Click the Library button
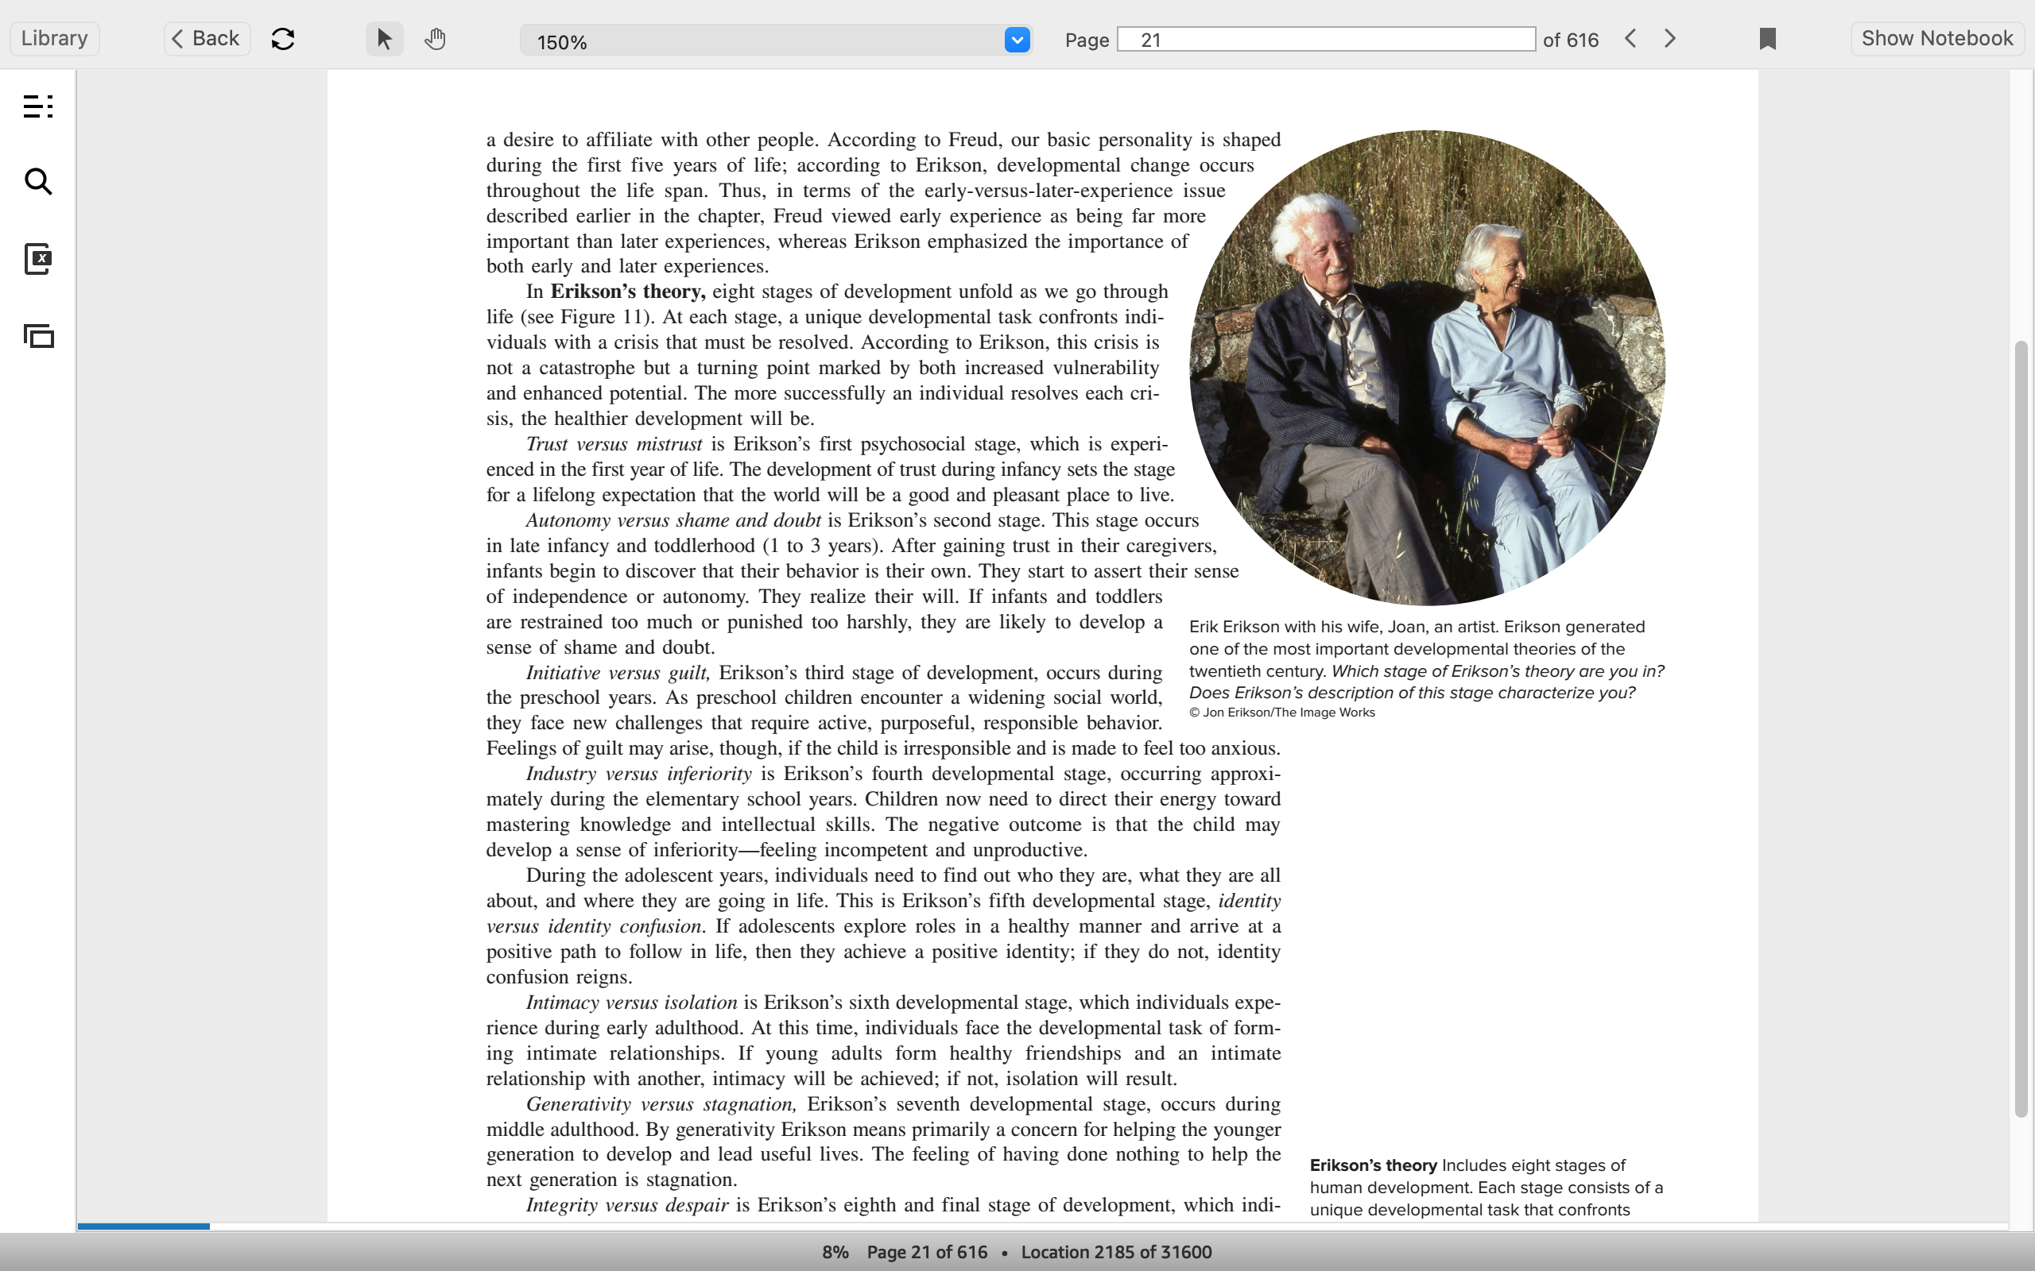point(55,39)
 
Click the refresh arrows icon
point(283,39)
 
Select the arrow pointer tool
point(384,39)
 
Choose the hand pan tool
point(435,39)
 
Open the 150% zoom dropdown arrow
point(1017,40)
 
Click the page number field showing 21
point(1325,40)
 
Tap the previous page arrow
point(1630,39)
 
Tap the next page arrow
point(1670,39)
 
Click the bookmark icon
point(1768,39)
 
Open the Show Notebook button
point(1936,39)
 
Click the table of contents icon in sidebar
point(38,106)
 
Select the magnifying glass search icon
point(38,182)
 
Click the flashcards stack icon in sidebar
point(39,336)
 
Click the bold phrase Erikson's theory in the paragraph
point(627,292)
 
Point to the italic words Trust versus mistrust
point(614,444)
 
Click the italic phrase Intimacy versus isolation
point(631,1003)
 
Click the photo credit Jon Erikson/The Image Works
point(1288,713)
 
